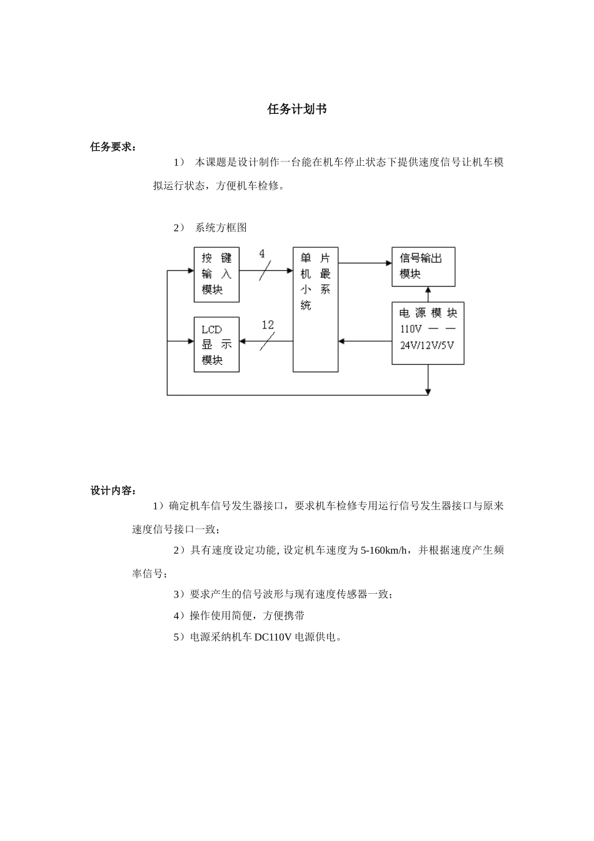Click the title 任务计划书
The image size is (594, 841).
click(x=297, y=110)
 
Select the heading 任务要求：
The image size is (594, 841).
click(x=113, y=147)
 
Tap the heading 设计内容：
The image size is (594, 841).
click(x=113, y=491)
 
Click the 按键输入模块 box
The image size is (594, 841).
click(x=216, y=273)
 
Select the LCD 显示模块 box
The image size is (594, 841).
click(x=216, y=345)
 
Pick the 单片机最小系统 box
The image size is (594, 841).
click(x=316, y=309)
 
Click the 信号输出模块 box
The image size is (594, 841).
click(x=423, y=267)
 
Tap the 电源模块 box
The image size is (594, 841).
click(x=428, y=334)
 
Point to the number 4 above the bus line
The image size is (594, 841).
click(x=262, y=254)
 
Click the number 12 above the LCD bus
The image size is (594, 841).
click(x=268, y=325)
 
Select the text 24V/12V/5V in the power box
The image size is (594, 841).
click(x=427, y=344)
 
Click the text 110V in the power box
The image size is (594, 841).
click(x=411, y=329)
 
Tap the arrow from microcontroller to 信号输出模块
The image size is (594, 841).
click(x=365, y=263)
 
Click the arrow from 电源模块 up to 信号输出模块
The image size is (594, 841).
click(x=428, y=295)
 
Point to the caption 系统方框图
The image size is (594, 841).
click(x=221, y=228)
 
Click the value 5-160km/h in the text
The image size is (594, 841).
click(x=386, y=551)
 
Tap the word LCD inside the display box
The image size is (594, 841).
click(x=211, y=329)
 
